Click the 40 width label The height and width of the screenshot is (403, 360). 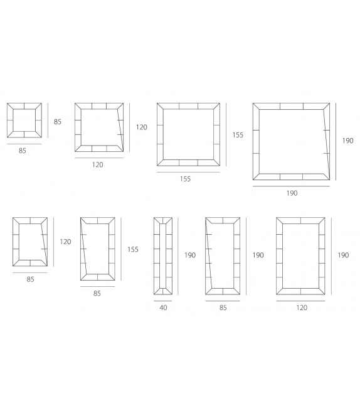(x=163, y=308)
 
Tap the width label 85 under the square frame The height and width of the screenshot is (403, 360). (x=23, y=151)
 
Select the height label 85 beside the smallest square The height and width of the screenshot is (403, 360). (x=58, y=122)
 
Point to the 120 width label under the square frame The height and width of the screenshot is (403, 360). (x=98, y=164)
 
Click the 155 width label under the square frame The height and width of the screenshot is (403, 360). (x=185, y=179)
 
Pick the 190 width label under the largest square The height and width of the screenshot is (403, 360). (x=292, y=193)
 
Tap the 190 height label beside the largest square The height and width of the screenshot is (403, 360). (x=347, y=141)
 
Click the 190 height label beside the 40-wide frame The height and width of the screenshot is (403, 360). (x=190, y=255)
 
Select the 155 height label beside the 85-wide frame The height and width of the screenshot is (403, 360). (x=133, y=249)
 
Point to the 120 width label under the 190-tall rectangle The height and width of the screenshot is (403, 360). (x=302, y=308)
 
